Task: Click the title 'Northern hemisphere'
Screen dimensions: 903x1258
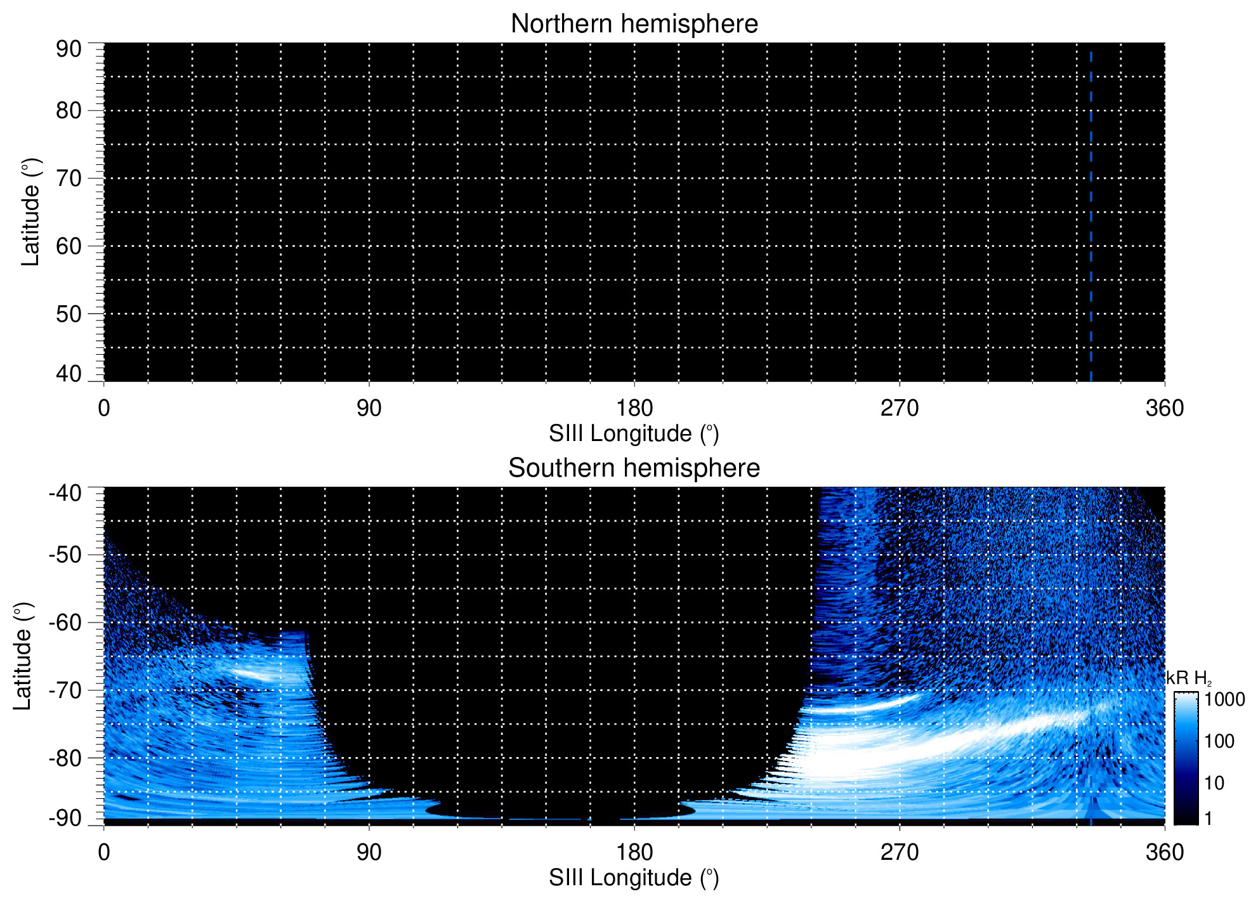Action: point(634,24)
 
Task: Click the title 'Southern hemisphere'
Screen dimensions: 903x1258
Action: point(634,468)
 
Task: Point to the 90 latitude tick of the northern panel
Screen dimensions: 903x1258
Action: point(69,49)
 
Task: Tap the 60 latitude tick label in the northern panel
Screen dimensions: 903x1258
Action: point(69,246)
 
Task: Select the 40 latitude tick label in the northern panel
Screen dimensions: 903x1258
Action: point(69,374)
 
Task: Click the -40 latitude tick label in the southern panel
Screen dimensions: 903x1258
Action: point(65,493)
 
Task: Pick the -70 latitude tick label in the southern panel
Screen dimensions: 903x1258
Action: point(65,690)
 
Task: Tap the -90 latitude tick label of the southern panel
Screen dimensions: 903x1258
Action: point(65,818)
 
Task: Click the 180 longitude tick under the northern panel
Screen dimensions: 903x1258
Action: point(634,408)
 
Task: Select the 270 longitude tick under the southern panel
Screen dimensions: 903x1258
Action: point(900,852)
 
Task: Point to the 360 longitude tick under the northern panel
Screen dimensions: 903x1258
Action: point(1165,408)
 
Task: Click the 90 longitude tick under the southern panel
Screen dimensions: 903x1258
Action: point(369,852)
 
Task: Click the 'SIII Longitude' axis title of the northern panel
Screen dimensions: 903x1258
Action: point(634,434)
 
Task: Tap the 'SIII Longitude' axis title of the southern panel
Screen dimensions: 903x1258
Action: point(634,878)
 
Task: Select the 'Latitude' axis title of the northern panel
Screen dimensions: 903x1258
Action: point(30,212)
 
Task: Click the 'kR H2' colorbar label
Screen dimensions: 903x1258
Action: point(1189,678)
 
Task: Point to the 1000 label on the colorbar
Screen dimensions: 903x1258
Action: point(1224,700)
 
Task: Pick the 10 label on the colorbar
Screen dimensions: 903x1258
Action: point(1214,783)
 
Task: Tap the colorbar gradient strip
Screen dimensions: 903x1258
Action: point(1186,758)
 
